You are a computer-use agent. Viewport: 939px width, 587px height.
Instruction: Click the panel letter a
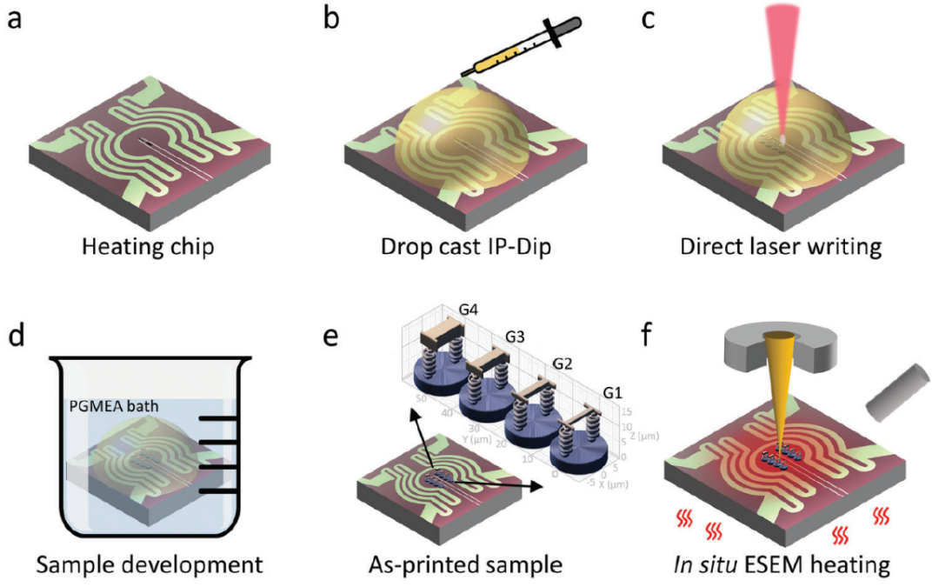(15, 20)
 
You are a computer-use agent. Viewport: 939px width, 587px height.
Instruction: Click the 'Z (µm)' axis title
(639, 433)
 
